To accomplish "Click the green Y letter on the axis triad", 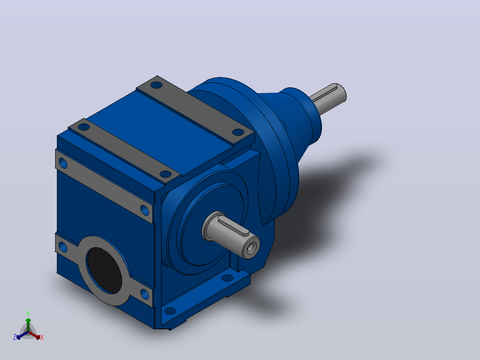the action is [28, 313].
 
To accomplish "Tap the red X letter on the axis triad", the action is [42, 337].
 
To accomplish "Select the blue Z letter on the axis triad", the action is [15, 337].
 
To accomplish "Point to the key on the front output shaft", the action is [234, 226].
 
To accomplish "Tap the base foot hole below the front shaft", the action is [227, 278].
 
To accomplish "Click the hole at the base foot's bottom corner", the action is [170, 311].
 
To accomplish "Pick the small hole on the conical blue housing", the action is [284, 125].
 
